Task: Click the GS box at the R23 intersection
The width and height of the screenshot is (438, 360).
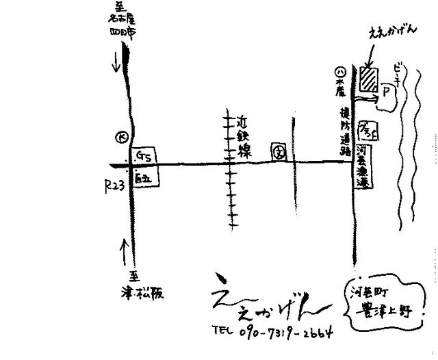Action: coord(144,156)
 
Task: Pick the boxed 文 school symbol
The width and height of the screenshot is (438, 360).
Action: coord(279,151)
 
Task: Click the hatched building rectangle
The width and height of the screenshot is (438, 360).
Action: coord(370,78)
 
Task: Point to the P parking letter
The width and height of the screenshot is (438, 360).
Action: coord(385,90)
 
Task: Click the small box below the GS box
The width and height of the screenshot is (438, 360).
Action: coord(145,179)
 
